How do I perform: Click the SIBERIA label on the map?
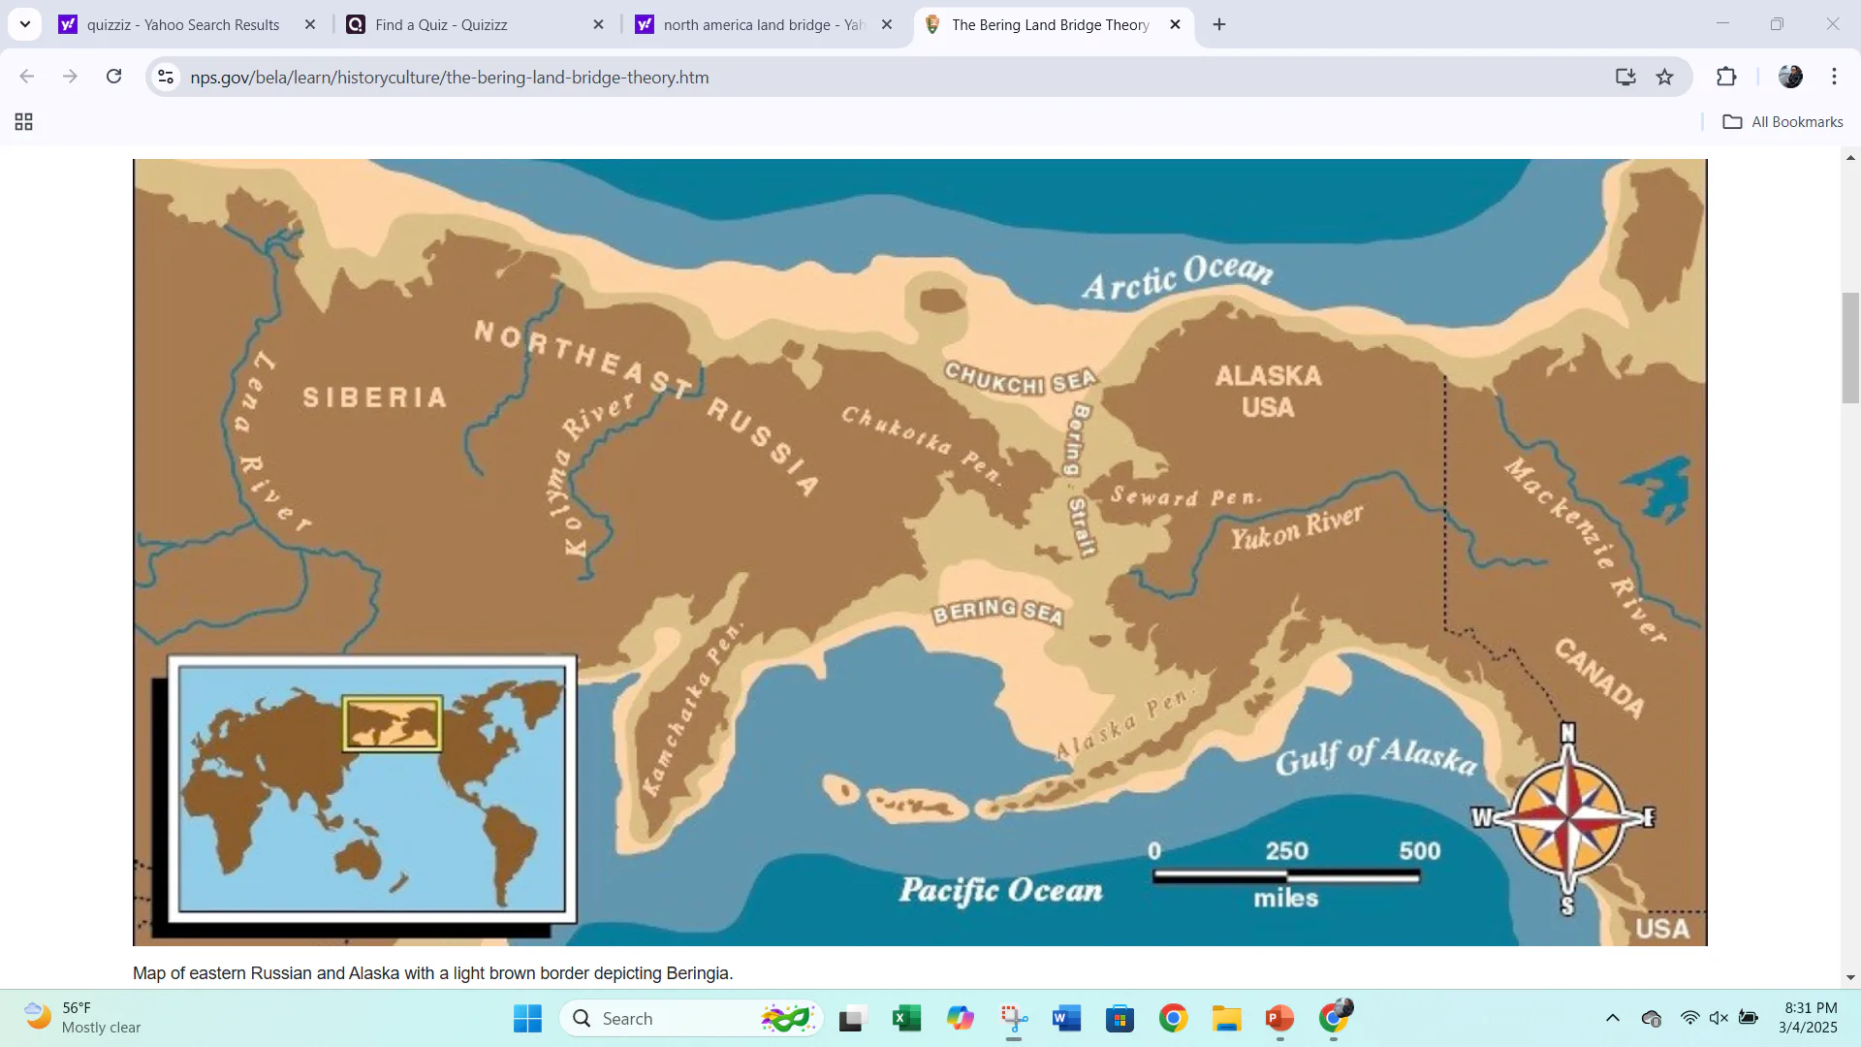point(374,397)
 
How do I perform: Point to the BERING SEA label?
point(997,612)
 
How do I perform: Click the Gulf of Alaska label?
point(1375,756)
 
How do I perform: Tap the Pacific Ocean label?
point(1000,890)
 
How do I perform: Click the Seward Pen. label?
point(1184,497)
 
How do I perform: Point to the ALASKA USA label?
point(1268,391)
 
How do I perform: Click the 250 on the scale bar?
point(1286,851)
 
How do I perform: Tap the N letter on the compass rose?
point(1567,734)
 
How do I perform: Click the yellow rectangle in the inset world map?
point(393,723)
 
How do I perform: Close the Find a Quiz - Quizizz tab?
point(598,24)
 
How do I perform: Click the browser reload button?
point(114,77)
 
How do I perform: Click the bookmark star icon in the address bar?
point(1664,77)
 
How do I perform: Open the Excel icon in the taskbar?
point(905,1018)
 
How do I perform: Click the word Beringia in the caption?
point(697,973)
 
